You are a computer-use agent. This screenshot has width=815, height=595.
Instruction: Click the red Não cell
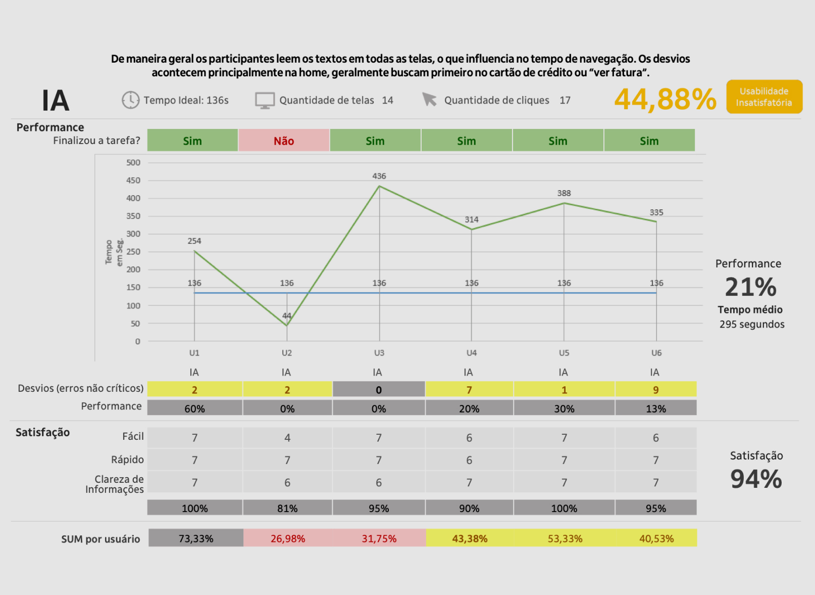(x=284, y=141)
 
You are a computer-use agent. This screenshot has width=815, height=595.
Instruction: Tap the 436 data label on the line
(x=379, y=176)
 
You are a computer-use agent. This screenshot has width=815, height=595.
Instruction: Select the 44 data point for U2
(x=287, y=325)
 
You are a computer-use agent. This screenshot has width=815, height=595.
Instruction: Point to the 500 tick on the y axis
(x=133, y=162)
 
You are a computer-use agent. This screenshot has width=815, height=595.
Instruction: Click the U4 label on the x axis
(x=472, y=353)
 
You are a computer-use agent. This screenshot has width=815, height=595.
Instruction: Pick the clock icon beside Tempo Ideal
(x=130, y=100)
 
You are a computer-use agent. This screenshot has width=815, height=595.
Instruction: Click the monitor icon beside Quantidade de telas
(x=265, y=100)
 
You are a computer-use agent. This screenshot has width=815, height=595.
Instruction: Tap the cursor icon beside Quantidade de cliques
(x=429, y=100)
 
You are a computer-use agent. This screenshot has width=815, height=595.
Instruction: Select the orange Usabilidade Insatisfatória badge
(x=764, y=97)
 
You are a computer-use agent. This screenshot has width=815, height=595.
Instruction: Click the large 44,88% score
(x=665, y=99)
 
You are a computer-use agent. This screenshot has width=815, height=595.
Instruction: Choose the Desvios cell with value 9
(x=655, y=389)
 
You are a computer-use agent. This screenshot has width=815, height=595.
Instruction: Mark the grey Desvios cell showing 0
(x=379, y=389)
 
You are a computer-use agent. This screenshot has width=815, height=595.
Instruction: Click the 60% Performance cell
(x=195, y=408)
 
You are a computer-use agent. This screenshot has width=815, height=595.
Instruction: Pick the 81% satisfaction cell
(x=287, y=508)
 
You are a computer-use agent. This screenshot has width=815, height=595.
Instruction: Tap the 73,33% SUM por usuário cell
(x=196, y=538)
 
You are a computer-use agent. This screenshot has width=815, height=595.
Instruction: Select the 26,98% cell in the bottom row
(x=288, y=538)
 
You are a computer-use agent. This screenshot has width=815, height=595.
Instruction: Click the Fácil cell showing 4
(x=287, y=438)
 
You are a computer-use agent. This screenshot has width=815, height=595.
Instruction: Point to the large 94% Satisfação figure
(x=756, y=479)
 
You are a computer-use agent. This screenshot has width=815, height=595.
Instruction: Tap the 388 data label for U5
(x=564, y=193)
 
